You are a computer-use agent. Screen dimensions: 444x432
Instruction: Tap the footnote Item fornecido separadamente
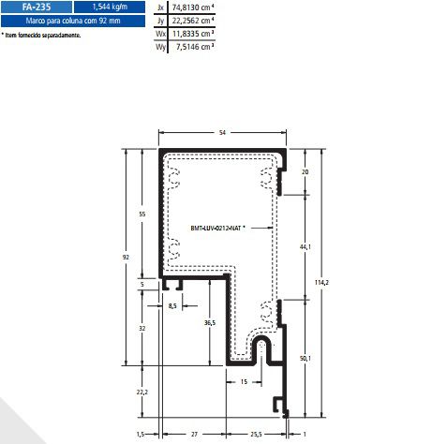coord(42,35)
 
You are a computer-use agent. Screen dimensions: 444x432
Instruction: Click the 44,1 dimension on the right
coord(304,246)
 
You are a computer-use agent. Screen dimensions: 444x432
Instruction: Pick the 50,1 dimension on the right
coord(304,358)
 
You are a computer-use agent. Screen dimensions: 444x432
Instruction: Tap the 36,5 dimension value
coord(209,322)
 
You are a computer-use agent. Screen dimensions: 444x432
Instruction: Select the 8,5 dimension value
coord(172,305)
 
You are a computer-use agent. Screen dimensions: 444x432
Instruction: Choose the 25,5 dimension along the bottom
coord(256,435)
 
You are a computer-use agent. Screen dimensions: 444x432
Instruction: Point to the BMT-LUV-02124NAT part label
coord(217,228)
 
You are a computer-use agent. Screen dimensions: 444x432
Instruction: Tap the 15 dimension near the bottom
coord(244,382)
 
